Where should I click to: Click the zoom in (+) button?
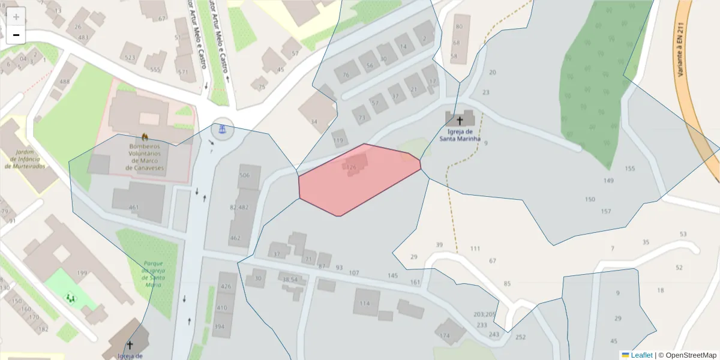tap(16, 17)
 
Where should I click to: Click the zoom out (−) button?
tap(16, 35)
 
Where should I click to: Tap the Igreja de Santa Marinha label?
tap(460, 135)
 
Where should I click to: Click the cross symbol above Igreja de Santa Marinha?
tap(460, 121)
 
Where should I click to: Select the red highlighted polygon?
tap(360, 180)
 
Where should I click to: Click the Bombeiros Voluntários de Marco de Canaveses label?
tap(145, 157)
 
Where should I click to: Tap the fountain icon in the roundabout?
tap(223, 128)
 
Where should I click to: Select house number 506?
tap(244, 175)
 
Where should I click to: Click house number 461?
tap(134, 208)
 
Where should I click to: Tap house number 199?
tap(82, 274)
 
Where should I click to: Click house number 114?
tap(365, 303)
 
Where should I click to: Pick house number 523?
tap(130, 58)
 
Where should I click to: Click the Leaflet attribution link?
tap(641, 355)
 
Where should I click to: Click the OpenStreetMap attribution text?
tap(687, 355)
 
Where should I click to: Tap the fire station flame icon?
tap(145, 137)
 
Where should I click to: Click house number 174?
tap(445, 335)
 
